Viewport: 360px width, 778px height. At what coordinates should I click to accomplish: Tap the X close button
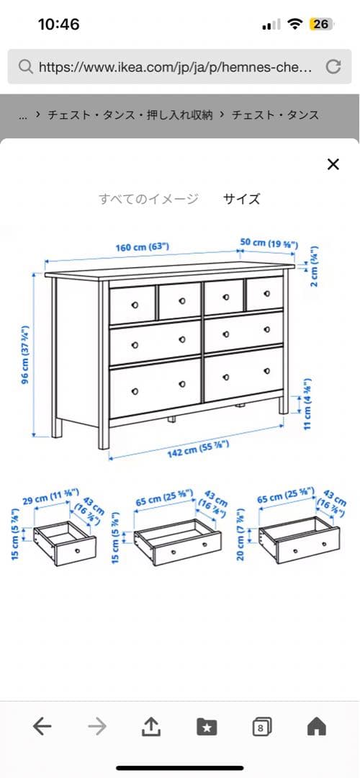(x=333, y=164)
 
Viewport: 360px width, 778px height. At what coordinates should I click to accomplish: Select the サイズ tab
(x=241, y=200)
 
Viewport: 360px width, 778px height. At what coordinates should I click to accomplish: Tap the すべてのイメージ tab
(x=148, y=200)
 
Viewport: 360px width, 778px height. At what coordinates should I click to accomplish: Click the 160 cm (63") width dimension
(x=143, y=248)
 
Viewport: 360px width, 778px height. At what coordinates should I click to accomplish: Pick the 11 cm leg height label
(x=307, y=403)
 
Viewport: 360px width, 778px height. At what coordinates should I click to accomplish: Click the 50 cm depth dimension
(x=270, y=243)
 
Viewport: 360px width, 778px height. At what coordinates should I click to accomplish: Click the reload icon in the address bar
(x=333, y=67)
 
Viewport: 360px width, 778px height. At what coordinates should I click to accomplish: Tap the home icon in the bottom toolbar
(x=316, y=728)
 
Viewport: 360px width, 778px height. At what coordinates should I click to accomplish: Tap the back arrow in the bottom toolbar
(x=42, y=728)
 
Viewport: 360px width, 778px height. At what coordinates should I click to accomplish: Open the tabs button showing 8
(x=261, y=728)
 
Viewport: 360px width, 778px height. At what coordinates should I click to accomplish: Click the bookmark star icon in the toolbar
(x=207, y=728)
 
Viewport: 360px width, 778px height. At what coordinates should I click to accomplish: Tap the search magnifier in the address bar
(x=25, y=67)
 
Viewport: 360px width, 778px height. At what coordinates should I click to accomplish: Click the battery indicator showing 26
(x=320, y=24)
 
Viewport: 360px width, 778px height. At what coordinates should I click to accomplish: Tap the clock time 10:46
(x=58, y=24)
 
